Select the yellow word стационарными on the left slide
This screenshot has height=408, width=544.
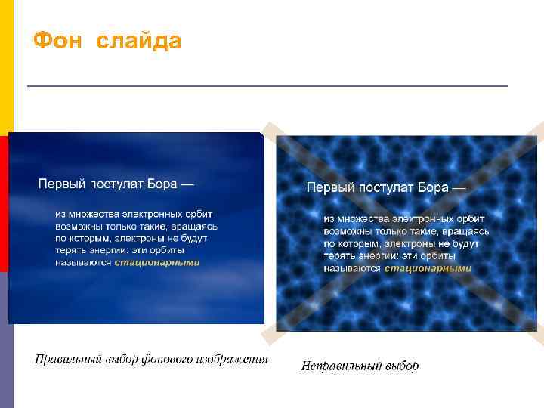pos(157,262)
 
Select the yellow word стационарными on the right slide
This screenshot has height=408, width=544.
pos(428,268)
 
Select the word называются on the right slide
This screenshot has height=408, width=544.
pos(352,268)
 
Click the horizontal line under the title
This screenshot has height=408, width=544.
pos(267,86)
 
